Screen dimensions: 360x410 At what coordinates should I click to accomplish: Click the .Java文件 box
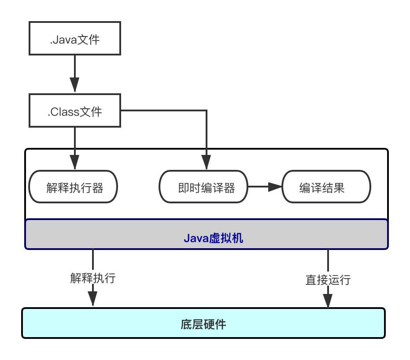[74, 39]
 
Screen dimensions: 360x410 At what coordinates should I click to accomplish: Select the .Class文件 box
[74, 111]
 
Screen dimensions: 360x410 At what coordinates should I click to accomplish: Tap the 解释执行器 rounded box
[73, 187]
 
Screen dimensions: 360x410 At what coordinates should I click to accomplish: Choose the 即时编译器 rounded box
[203, 187]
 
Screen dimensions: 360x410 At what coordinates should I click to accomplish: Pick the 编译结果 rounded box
[326, 187]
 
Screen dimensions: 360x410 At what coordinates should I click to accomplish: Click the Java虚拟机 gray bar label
[213, 239]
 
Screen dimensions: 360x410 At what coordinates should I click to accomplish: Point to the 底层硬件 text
[203, 325]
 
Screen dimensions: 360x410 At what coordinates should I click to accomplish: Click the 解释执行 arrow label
[93, 278]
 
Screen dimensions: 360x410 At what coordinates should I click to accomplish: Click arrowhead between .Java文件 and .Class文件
[75, 85]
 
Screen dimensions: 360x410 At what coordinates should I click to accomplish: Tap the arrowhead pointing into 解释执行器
[75, 163]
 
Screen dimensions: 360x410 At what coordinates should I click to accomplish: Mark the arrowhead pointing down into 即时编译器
[207, 163]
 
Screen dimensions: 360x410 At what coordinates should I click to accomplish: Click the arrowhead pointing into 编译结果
[275, 187]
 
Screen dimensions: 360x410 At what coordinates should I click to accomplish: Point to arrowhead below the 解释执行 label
[92, 299]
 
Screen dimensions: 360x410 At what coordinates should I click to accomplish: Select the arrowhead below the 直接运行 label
[328, 301]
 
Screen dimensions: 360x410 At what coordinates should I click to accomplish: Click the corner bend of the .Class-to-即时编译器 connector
[207, 111]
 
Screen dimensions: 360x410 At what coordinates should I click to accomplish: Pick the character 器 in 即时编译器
[229, 188]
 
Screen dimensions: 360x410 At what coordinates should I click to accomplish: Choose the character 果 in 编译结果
[339, 188]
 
